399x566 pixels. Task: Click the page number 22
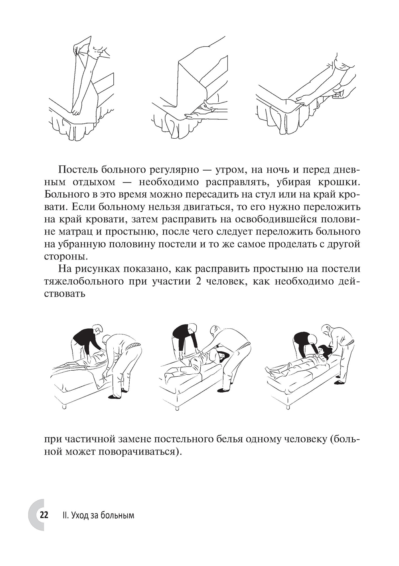[43, 515]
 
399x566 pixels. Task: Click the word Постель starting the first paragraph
[79, 170]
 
